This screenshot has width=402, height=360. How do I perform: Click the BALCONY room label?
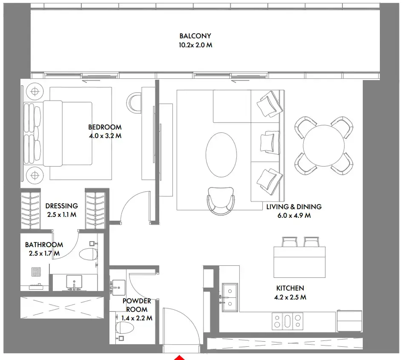tap(195, 36)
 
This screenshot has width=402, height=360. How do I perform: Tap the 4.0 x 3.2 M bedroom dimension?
tap(105, 136)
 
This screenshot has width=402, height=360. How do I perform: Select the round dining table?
tap(324, 145)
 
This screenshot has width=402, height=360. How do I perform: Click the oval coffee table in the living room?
tap(221, 155)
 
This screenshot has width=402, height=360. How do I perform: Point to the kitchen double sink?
tap(230, 297)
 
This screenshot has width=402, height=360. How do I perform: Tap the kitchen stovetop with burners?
tap(287, 321)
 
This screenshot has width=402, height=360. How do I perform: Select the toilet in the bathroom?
tap(89, 254)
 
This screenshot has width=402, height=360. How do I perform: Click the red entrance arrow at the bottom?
tap(179, 358)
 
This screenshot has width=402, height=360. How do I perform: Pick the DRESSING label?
tap(61, 206)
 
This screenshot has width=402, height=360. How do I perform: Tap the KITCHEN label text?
tap(290, 288)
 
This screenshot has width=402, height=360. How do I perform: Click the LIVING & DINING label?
tap(294, 207)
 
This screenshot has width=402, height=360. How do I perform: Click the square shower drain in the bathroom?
tap(36, 272)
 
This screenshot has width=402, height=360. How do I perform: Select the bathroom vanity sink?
tap(74, 282)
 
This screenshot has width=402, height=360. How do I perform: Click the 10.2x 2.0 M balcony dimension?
tap(195, 45)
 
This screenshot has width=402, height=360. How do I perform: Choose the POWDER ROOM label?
tap(137, 305)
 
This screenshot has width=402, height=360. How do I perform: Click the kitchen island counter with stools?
tap(299, 262)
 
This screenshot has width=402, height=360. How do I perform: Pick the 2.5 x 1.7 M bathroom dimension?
tap(44, 253)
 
